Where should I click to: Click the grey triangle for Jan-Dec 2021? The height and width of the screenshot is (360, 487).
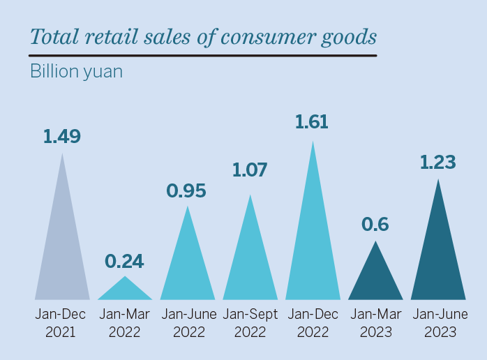click(62, 251)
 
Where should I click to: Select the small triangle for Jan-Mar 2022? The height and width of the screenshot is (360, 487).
click(125, 292)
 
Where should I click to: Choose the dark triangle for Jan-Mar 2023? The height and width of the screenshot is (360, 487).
click(375, 279)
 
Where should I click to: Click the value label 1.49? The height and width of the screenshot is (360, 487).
click(62, 137)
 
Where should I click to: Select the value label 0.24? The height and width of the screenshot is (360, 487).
click(124, 261)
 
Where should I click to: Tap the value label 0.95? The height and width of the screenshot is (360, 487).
click(186, 190)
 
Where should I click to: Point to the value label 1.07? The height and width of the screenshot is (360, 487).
click(249, 170)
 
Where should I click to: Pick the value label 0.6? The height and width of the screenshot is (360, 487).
click(375, 225)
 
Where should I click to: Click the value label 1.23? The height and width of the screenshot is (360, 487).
click(437, 163)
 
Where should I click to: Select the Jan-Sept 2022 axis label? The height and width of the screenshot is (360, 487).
click(250, 323)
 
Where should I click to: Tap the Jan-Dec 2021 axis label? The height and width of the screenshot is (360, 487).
click(61, 323)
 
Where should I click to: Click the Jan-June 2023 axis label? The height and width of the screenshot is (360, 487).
click(438, 323)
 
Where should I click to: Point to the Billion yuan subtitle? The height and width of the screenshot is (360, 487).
click(76, 71)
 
